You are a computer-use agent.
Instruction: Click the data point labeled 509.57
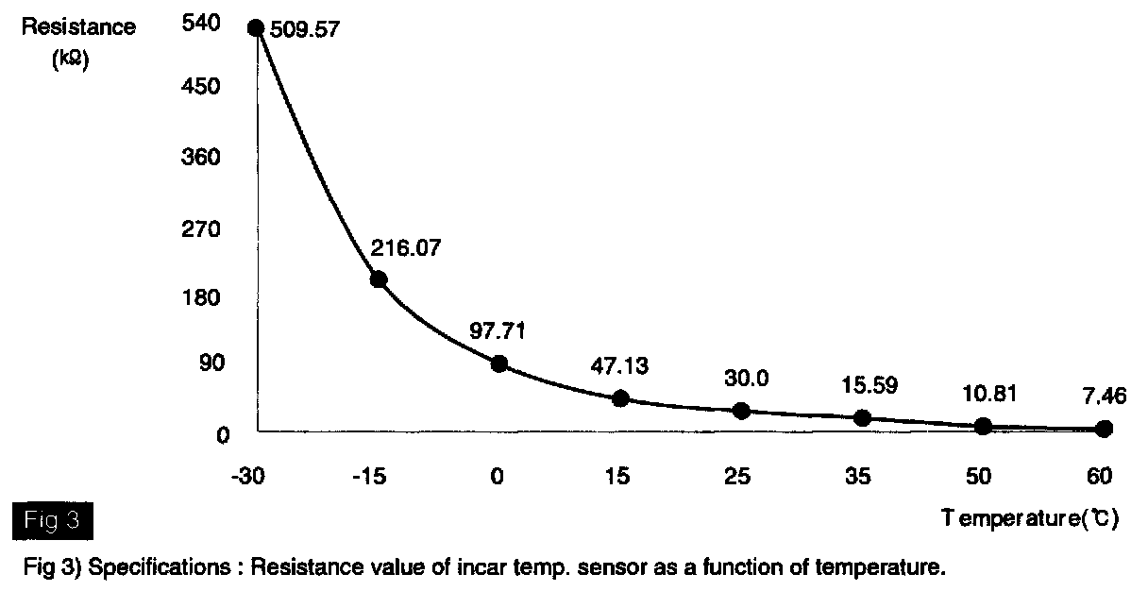click(255, 27)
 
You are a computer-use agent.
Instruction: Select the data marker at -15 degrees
click(379, 279)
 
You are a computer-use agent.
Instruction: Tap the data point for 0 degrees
click(499, 363)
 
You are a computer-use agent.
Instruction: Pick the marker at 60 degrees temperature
click(1104, 429)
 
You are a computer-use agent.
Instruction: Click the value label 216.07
click(407, 249)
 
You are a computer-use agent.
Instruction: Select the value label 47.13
click(618, 366)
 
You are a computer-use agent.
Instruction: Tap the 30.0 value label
click(746, 378)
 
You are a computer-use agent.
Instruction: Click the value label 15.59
click(869, 385)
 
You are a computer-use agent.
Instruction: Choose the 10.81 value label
click(990, 393)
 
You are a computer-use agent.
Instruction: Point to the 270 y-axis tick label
click(205, 229)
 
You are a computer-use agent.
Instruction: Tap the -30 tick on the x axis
click(247, 476)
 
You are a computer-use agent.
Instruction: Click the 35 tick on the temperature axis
click(859, 476)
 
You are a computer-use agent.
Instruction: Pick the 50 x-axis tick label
click(979, 476)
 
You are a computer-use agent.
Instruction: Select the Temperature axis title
click(1030, 519)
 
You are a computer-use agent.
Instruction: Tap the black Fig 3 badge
click(53, 519)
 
